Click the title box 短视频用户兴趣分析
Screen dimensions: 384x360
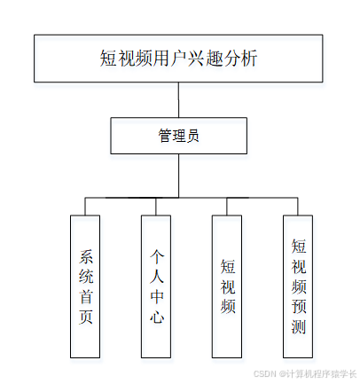click(x=179, y=59)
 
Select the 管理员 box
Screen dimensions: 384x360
click(x=177, y=135)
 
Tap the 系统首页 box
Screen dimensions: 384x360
click(x=87, y=286)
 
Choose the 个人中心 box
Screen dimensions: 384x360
click(x=157, y=286)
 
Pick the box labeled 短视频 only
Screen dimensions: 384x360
click(x=228, y=286)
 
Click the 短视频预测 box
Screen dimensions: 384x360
click(x=299, y=286)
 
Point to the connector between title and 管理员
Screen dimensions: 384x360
click(x=179, y=99)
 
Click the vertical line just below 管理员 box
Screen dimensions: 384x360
click(x=179, y=174)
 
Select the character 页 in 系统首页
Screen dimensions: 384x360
click(x=87, y=316)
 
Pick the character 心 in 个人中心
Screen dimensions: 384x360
click(x=157, y=316)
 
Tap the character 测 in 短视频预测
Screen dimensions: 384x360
click(x=299, y=327)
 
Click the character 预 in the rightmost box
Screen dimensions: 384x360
click(x=299, y=307)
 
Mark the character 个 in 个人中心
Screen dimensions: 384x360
click(x=157, y=255)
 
